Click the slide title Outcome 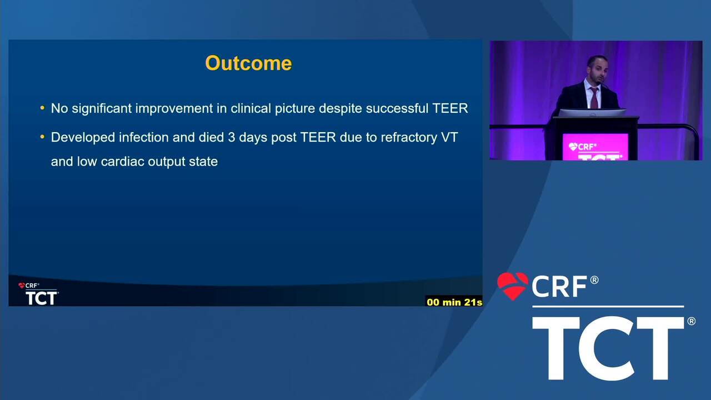click(x=248, y=63)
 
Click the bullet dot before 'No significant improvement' click(x=43, y=108)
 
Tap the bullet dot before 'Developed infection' click(x=43, y=137)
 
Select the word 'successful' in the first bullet click(x=397, y=108)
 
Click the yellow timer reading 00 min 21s click(x=454, y=302)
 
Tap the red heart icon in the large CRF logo click(x=513, y=286)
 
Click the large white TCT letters click(x=608, y=348)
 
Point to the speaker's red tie click(x=594, y=98)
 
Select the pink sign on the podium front click(x=595, y=147)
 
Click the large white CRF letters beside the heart click(x=559, y=286)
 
